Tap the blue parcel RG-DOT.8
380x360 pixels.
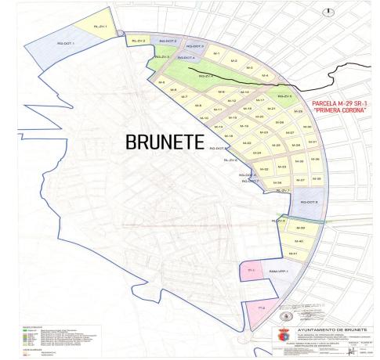pos(309,203)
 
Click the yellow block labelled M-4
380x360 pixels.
pos(265,74)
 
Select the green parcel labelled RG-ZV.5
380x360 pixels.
pos(206,76)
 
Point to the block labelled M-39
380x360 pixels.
pos(299,228)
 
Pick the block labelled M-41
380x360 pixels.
pos(294,253)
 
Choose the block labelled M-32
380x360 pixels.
pos(264,169)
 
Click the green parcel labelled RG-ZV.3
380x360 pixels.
pos(161,57)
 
